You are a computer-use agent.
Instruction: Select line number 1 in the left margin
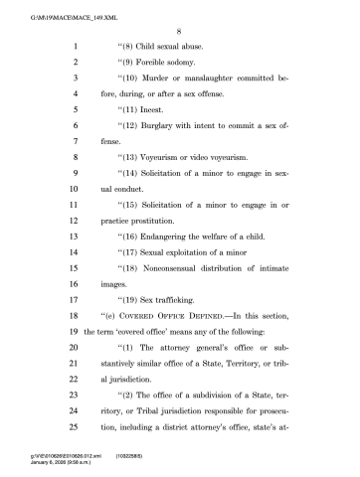coord(75,47)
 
